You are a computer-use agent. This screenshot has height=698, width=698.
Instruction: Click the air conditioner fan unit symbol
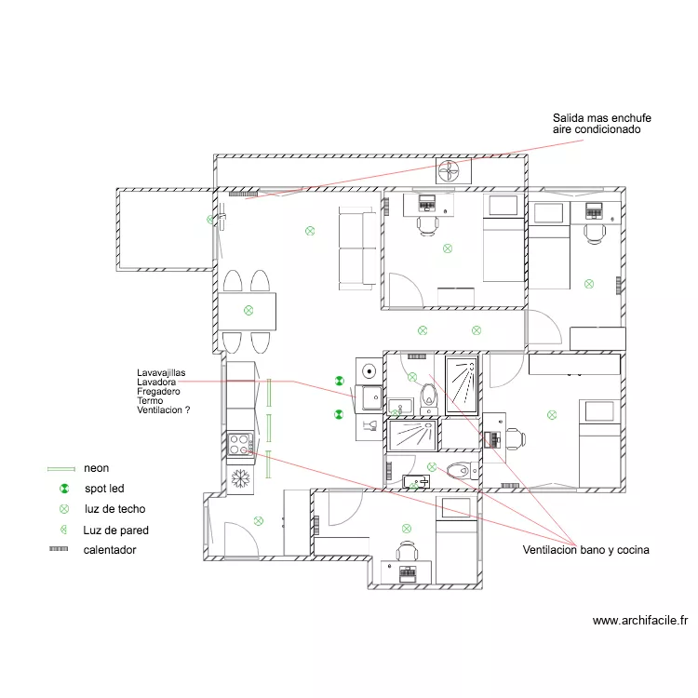[453, 171]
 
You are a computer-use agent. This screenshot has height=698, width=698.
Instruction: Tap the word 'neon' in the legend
[96, 468]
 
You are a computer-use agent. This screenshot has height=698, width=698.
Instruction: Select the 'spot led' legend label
[104, 489]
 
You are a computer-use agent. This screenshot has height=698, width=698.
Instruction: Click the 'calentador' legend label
[110, 550]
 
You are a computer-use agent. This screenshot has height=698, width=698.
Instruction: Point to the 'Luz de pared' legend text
[115, 530]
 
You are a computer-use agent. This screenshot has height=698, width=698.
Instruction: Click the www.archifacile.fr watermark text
[640, 621]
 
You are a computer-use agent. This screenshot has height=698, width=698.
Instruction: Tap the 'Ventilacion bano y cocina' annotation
[585, 550]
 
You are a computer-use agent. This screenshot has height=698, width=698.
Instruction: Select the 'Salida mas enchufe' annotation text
[602, 118]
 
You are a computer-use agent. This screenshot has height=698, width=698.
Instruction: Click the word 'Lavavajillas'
[161, 373]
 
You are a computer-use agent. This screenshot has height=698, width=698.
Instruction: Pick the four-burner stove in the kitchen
[240, 444]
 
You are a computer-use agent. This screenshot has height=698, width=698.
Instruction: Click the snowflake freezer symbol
[240, 479]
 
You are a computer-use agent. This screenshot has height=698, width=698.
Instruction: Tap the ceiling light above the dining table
[248, 310]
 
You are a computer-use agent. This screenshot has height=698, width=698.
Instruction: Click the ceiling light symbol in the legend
[64, 509]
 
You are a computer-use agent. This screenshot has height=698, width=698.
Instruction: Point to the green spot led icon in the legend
[64, 489]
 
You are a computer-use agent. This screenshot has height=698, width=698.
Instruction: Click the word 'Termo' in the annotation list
[150, 400]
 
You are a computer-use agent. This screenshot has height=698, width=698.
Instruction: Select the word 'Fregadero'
[158, 391]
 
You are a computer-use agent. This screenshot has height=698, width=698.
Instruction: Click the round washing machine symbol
[369, 370]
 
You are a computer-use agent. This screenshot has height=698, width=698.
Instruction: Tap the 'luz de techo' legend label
[114, 509]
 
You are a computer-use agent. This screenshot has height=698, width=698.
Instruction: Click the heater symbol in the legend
[59, 549]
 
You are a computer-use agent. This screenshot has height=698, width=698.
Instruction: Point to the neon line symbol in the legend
[61, 469]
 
